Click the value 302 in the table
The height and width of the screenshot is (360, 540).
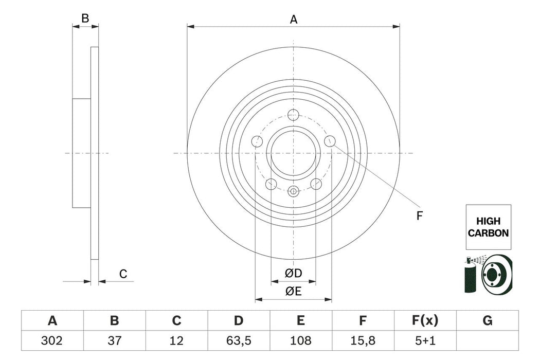[x=52, y=340]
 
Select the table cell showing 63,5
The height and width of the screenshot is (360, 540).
[x=238, y=340]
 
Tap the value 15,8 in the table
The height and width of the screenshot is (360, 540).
[x=363, y=340]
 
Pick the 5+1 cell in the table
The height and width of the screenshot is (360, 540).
[x=425, y=340]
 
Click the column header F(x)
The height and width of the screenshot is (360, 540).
[x=425, y=321]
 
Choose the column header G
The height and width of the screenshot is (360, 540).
[x=487, y=321]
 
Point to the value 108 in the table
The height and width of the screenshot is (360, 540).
[x=300, y=340]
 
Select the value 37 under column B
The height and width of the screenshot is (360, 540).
[x=114, y=340]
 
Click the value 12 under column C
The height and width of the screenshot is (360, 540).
[x=176, y=340]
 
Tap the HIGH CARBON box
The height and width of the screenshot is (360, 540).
[x=488, y=227]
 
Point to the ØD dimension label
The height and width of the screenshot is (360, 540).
[x=294, y=273]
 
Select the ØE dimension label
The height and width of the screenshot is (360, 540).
[x=294, y=291]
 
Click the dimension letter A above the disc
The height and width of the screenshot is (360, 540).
[x=294, y=20]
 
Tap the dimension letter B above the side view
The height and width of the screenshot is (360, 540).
[x=85, y=19]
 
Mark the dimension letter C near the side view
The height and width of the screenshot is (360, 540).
[x=123, y=274]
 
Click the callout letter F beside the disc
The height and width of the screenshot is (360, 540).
[x=419, y=216]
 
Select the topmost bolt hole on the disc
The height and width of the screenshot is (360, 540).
[x=294, y=115]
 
